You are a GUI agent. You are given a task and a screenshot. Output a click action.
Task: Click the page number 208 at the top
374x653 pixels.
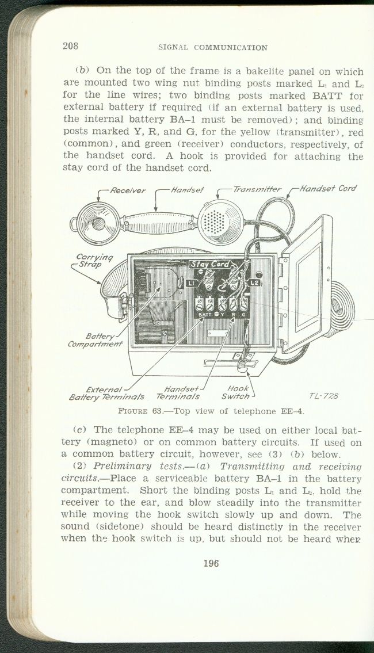tap(70, 46)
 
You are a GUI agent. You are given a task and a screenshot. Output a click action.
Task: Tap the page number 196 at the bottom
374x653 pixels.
tap(211, 563)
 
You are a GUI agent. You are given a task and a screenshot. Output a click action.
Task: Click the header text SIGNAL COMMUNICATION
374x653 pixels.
tap(213, 48)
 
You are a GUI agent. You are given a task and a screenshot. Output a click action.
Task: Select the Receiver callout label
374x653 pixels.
tap(128, 190)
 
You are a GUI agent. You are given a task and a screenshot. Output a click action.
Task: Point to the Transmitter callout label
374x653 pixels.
tap(257, 189)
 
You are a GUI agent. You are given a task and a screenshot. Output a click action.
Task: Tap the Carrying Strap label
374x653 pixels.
tap(94, 261)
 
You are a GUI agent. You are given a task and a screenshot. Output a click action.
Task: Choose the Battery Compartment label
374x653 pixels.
tap(96, 340)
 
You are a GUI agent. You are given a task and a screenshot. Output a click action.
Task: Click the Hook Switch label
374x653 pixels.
tap(236, 392)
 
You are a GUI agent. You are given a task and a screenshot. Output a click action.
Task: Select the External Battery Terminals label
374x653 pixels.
tap(106, 393)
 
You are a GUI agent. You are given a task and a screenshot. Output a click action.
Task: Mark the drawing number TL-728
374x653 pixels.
tap(323, 396)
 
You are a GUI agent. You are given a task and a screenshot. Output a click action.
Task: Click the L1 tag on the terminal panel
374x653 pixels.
tap(192, 283)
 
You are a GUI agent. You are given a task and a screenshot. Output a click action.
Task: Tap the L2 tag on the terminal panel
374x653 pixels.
tap(255, 283)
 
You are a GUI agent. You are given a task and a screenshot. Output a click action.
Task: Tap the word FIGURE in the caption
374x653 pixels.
tap(133, 411)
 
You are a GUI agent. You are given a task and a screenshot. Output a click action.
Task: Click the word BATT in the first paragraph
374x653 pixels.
tap(327, 96)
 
